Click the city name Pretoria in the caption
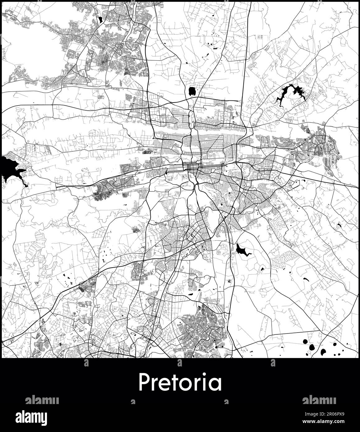(180, 383)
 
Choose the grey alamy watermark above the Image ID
(319, 400)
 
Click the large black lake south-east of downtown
(241, 250)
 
